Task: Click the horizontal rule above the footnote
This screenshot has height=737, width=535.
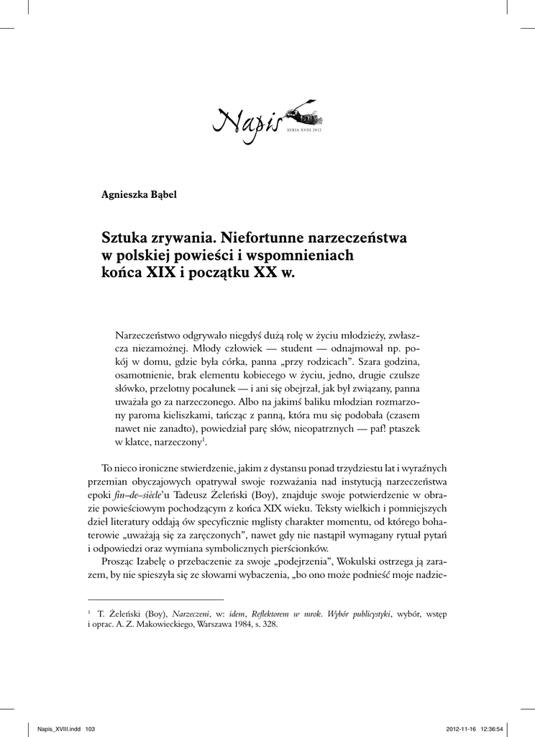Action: coord(155,599)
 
